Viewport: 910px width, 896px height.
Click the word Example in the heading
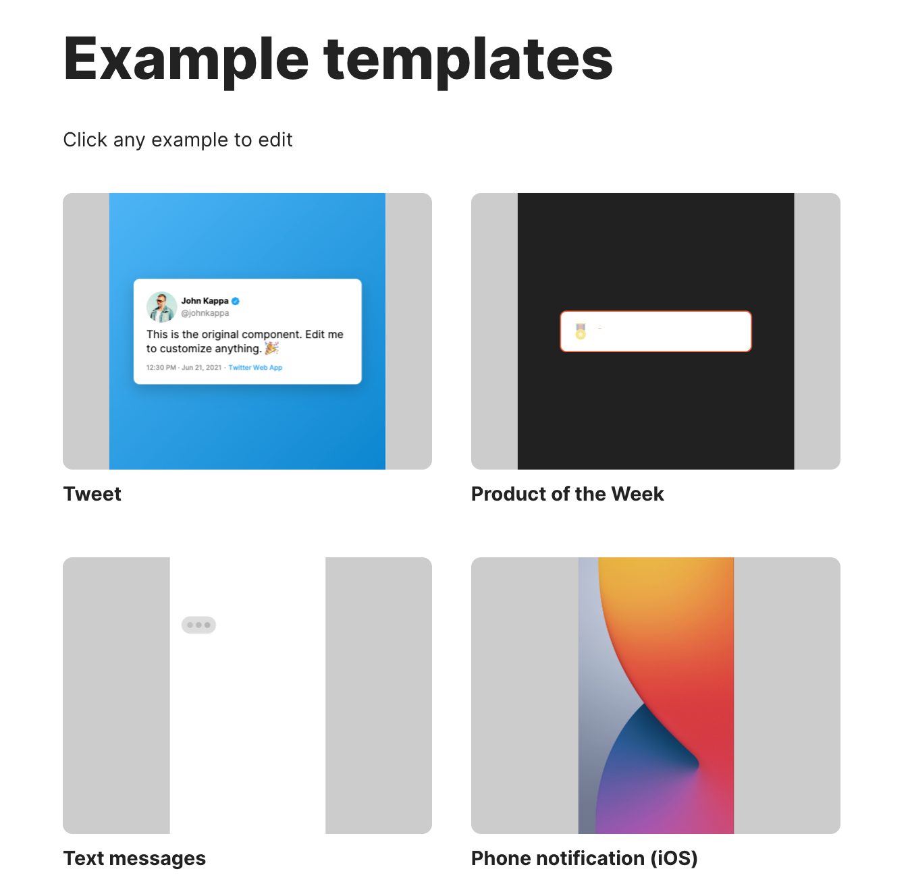[x=186, y=61]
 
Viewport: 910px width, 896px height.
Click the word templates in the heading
[x=468, y=61]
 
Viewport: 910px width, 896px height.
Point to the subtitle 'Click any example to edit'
[x=178, y=140]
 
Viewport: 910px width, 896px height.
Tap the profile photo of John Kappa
[x=161, y=307]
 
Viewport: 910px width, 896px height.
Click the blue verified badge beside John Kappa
[x=236, y=301]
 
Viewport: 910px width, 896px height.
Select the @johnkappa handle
[x=205, y=313]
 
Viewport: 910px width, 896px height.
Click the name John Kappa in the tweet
[x=205, y=301]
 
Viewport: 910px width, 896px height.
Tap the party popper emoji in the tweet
[x=271, y=348]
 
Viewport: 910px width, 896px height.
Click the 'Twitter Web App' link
[x=255, y=368]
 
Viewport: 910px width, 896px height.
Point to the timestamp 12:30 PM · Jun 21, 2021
[x=184, y=368]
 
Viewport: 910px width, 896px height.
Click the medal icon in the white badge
[x=581, y=331]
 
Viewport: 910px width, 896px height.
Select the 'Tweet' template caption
[x=92, y=495]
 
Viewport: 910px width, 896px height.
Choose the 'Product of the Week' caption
[x=567, y=495]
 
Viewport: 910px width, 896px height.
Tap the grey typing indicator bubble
[x=199, y=625]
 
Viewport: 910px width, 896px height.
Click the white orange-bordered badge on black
[x=655, y=331]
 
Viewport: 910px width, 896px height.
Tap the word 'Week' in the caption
[x=637, y=495]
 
